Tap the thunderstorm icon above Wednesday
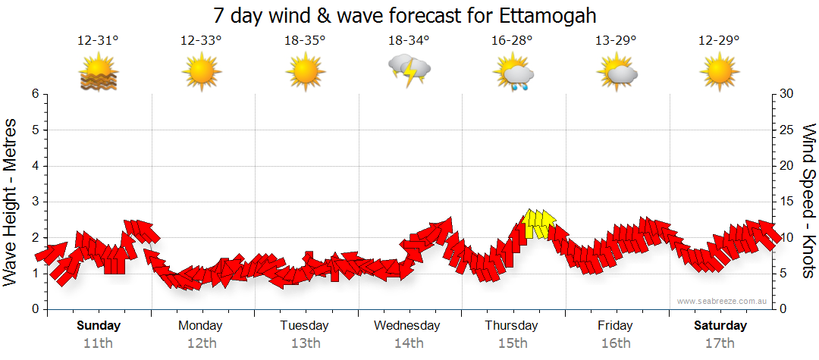[x=409, y=71]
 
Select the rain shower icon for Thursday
[x=513, y=74]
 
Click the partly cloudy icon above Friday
[x=617, y=73]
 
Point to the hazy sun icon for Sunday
[x=99, y=74]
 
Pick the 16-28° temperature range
[x=513, y=41]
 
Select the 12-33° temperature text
[x=201, y=41]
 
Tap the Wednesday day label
[x=407, y=326]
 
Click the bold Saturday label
[x=720, y=326]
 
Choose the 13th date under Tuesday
[x=305, y=343]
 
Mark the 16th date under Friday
[x=615, y=343]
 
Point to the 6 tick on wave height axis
[x=34, y=94]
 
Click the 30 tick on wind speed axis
[x=787, y=94]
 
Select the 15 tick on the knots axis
[x=787, y=202]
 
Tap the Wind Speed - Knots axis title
[x=808, y=201]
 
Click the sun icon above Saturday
[x=720, y=73]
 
